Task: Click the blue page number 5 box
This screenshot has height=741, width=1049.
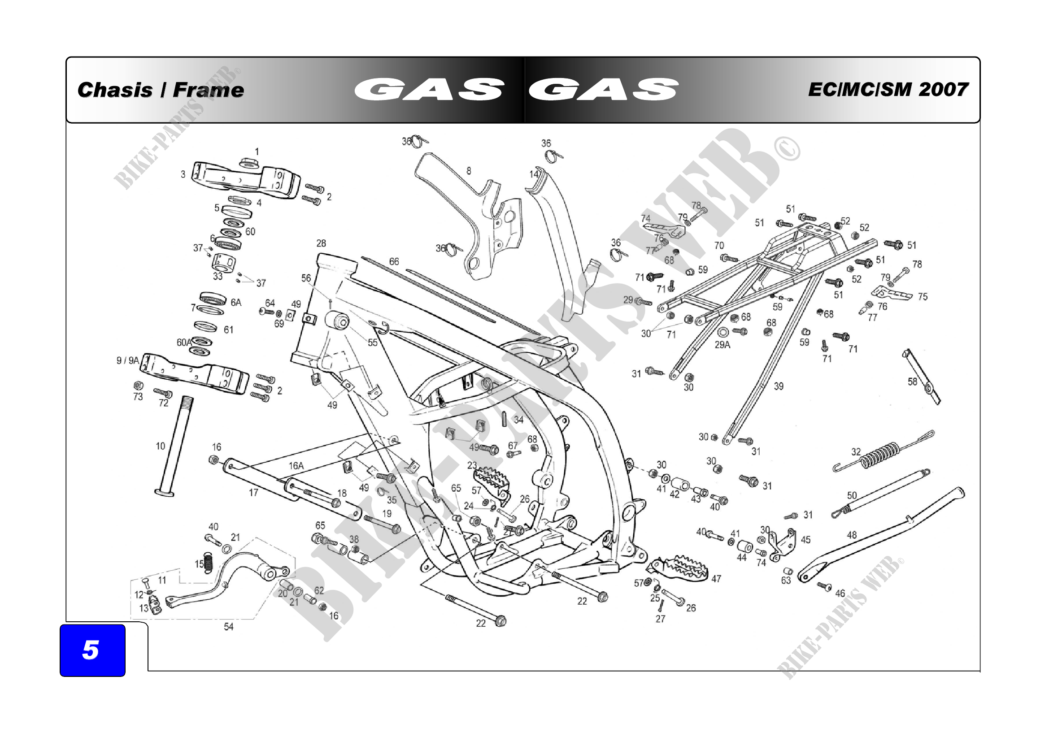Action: coord(92,650)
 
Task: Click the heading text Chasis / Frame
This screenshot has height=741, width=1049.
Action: coord(161,90)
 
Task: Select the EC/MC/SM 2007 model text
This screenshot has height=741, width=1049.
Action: coord(888,90)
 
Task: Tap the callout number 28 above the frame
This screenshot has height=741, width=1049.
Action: coord(321,243)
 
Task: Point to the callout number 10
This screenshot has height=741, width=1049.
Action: coord(161,446)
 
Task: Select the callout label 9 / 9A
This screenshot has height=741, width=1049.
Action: coord(127,361)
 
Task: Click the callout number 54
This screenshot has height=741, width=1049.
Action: coord(228,627)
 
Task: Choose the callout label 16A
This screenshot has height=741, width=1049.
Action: coord(296,466)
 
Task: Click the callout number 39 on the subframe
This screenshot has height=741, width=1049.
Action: coord(779,386)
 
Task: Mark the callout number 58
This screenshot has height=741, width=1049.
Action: coord(912,381)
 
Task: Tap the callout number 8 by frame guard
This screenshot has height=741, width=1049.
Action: coord(469,171)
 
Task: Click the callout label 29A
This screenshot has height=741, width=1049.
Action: coord(723,345)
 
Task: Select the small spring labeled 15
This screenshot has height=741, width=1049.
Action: coord(209,562)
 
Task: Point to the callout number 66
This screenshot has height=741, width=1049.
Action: coord(394,262)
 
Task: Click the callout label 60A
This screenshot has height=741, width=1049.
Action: coord(184,342)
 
